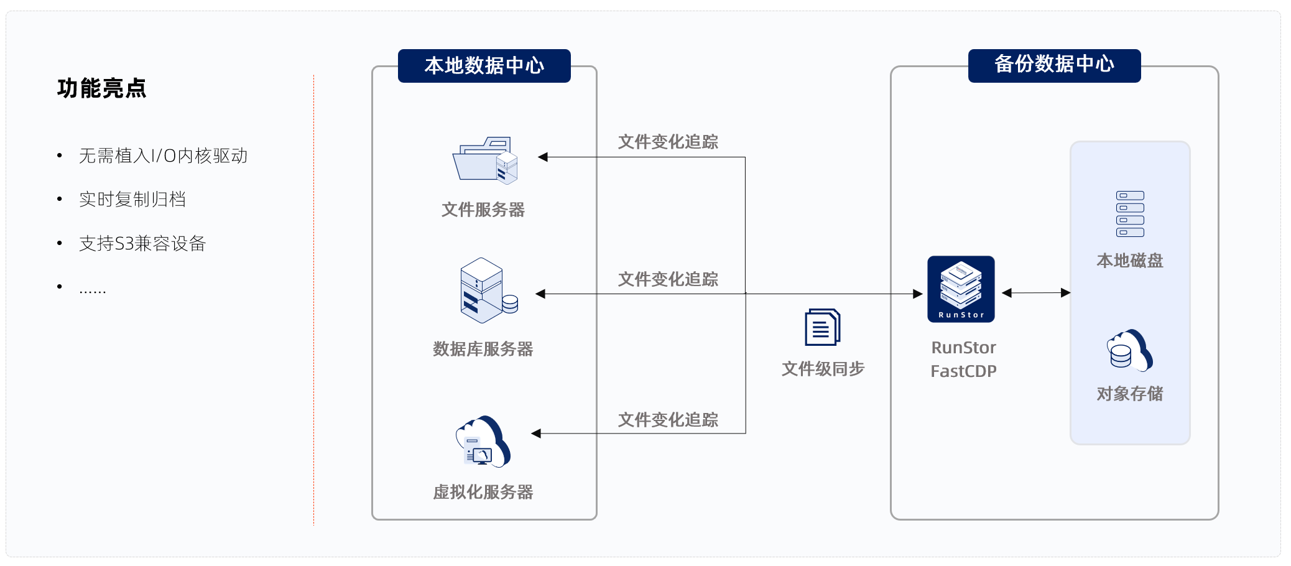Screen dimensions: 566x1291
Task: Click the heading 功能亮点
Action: point(101,88)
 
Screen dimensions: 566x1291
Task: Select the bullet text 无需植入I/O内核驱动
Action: point(163,155)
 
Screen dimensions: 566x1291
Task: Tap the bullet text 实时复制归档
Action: point(132,199)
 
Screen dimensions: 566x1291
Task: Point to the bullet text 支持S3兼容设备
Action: point(142,243)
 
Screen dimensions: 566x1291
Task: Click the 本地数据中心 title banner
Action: point(484,66)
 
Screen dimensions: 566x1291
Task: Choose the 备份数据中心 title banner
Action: point(1054,65)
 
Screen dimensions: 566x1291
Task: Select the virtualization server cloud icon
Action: point(483,442)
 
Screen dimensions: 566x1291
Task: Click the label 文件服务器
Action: point(483,210)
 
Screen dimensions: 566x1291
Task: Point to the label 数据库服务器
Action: point(483,349)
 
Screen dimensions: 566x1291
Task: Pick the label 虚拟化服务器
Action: point(483,492)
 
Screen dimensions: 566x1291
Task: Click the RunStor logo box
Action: point(961,289)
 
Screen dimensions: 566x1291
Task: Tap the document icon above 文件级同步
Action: point(822,327)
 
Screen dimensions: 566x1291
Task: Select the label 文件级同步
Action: point(823,369)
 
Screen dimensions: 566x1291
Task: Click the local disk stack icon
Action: point(1130,214)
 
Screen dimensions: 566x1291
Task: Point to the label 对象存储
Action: point(1129,394)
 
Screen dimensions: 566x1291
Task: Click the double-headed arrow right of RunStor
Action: point(1036,293)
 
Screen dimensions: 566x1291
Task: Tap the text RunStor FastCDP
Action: point(963,360)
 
